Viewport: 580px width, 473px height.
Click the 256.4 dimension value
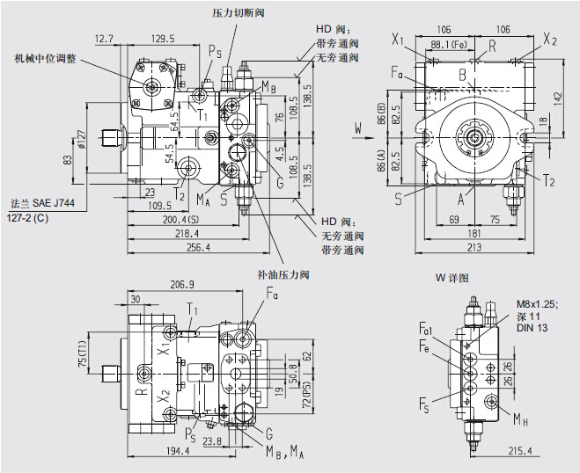(x=199, y=248)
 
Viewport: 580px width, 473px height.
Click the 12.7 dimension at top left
(x=104, y=38)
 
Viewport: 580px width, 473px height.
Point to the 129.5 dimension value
(x=163, y=38)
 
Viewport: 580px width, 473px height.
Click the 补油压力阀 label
(x=283, y=275)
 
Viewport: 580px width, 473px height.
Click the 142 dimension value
(x=556, y=96)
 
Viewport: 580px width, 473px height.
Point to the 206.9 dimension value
(x=182, y=285)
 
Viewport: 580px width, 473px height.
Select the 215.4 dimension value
(x=521, y=451)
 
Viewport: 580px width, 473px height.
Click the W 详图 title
(x=452, y=278)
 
